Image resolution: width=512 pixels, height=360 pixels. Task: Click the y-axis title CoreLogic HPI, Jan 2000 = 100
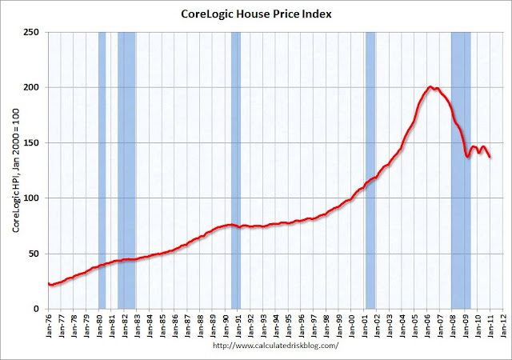tap(15, 170)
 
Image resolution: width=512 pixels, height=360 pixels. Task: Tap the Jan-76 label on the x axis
tap(50, 326)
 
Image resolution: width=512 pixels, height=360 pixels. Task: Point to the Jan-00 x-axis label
tap(353, 326)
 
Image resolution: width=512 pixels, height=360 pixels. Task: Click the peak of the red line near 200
tap(430, 86)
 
